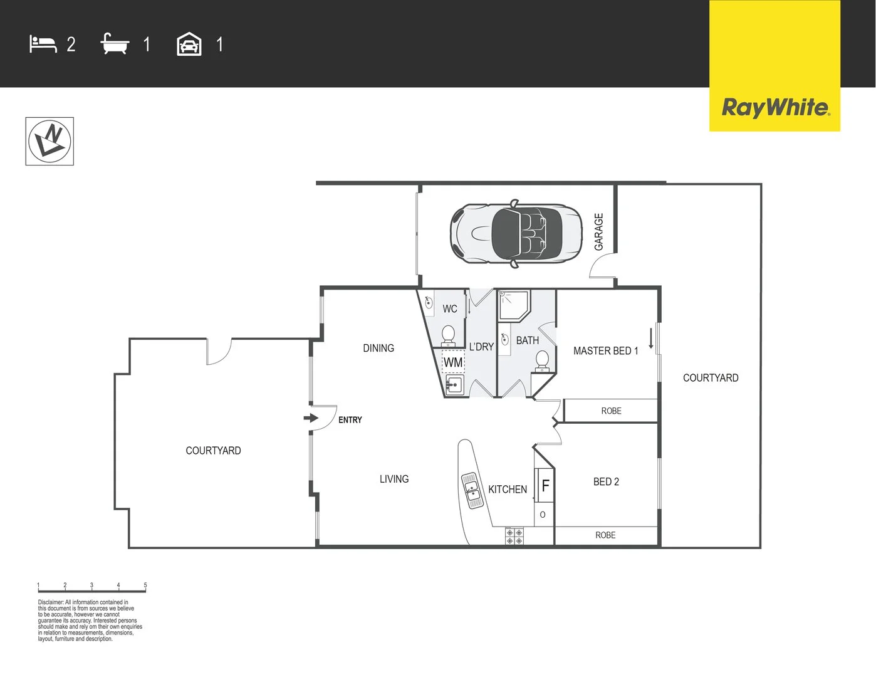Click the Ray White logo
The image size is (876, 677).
[775, 66]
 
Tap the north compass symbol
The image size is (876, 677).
[50, 141]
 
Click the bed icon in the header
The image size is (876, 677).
[43, 44]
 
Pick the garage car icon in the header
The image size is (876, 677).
[189, 44]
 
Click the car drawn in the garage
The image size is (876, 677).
[516, 233]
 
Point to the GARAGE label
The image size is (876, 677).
[598, 231]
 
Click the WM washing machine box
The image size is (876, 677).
[453, 362]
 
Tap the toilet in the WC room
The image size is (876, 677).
[448, 336]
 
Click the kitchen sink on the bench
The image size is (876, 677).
[472, 490]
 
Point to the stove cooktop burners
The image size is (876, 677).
[514, 536]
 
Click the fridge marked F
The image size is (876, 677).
[545, 485]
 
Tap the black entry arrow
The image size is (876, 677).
[311, 417]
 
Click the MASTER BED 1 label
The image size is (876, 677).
[606, 351]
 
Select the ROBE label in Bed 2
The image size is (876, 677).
[605, 535]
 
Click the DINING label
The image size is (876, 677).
[378, 348]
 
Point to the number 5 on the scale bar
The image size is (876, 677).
[145, 585]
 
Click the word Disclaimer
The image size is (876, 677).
[51, 602]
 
